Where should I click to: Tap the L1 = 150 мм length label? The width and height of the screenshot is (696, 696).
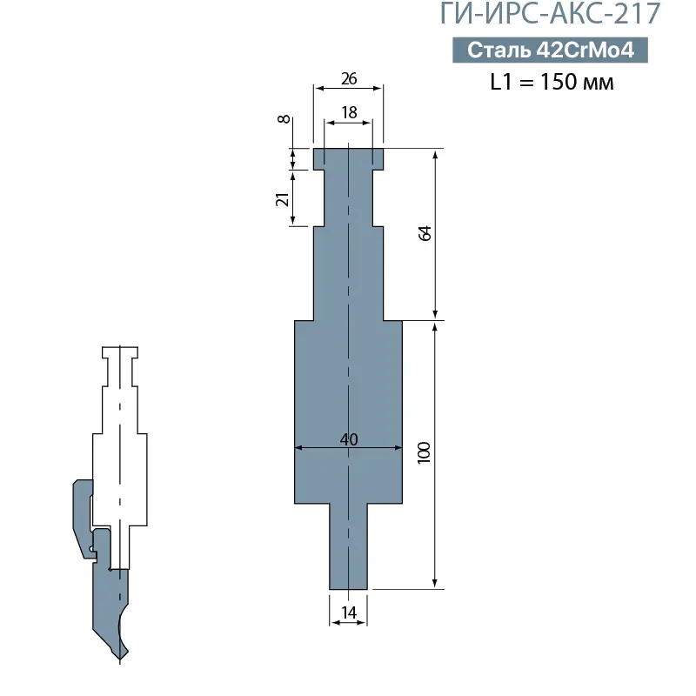pos(552,84)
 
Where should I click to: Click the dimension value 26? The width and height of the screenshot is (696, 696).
pos(349,78)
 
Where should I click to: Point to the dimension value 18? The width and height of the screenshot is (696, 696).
pos(349,112)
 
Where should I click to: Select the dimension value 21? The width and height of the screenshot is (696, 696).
pos(282,199)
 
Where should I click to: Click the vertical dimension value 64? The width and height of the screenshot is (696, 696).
pos(425,234)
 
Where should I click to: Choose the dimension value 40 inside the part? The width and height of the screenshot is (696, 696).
pos(349,438)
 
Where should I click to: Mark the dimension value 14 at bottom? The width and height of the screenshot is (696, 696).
pos(349,612)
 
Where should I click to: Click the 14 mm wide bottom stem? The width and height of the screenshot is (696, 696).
pos(349,548)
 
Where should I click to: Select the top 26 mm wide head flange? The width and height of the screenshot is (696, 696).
pos(349,157)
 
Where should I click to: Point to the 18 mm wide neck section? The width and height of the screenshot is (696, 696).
pos(349,196)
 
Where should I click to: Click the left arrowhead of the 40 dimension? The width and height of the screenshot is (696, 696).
pos(299,448)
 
